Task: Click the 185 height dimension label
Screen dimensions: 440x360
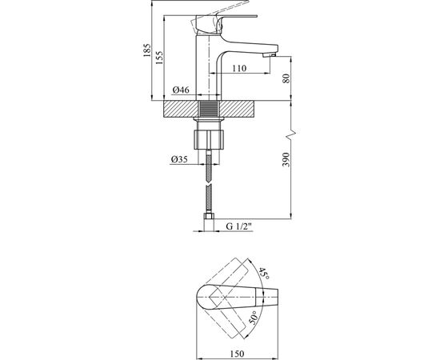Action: [146, 50]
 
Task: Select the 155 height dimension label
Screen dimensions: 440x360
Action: [159, 58]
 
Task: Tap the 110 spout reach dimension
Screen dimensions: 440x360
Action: [239, 68]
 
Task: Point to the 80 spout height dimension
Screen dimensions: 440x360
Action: [286, 78]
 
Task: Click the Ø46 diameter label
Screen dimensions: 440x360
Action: [181, 90]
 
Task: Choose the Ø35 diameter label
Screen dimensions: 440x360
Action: [179, 159]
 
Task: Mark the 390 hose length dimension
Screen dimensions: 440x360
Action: [286, 159]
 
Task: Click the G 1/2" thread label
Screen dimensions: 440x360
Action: [239, 226]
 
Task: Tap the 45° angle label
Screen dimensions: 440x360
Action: [264, 274]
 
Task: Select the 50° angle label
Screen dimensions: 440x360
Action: [254, 318]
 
